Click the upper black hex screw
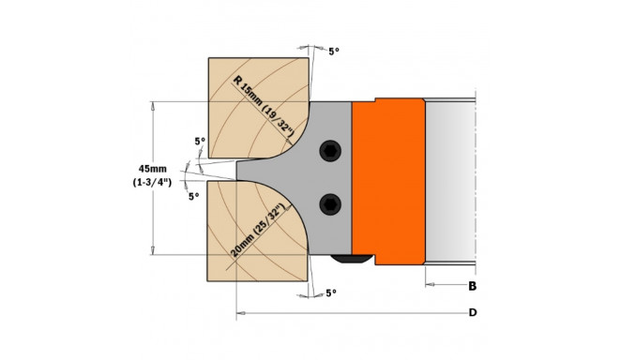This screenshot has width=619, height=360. [330, 151]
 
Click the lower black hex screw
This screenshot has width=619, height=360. [330, 204]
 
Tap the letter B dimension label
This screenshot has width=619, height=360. [472, 286]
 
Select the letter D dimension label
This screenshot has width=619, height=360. [473, 312]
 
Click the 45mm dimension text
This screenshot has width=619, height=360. [152, 169]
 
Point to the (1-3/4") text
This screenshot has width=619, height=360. [152, 183]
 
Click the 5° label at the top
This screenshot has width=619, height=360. [334, 52]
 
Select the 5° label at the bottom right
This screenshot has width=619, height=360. [331, 292]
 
